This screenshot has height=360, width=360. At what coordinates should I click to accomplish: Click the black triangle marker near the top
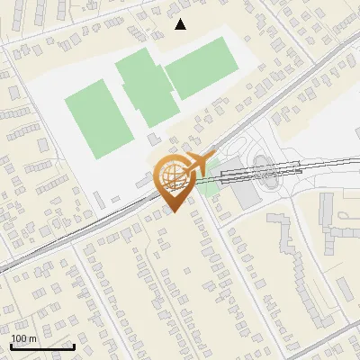(x=181, y=24)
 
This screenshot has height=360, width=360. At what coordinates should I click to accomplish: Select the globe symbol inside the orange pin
(x=172, y=174)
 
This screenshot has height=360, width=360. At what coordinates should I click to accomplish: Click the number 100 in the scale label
(x=20, y=338)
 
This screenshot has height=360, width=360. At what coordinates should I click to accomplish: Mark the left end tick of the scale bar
(x=11, y=346)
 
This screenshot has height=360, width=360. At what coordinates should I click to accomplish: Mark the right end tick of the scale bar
(x=74, y=346)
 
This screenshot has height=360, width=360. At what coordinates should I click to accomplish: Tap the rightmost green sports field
(x=202, y=67)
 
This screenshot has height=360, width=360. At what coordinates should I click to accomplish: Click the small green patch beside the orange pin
(x=210, y=186)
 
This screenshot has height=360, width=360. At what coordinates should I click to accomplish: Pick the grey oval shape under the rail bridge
(x=262, y=166)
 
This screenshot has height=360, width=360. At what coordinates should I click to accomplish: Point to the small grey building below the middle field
(x=153, y=139)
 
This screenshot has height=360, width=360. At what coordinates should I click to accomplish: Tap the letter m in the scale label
(x=32, y=338)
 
